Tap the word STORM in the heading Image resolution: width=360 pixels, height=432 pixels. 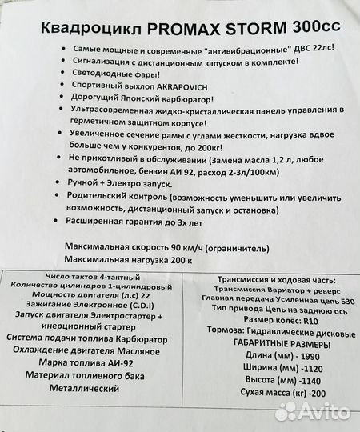point(242,29)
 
